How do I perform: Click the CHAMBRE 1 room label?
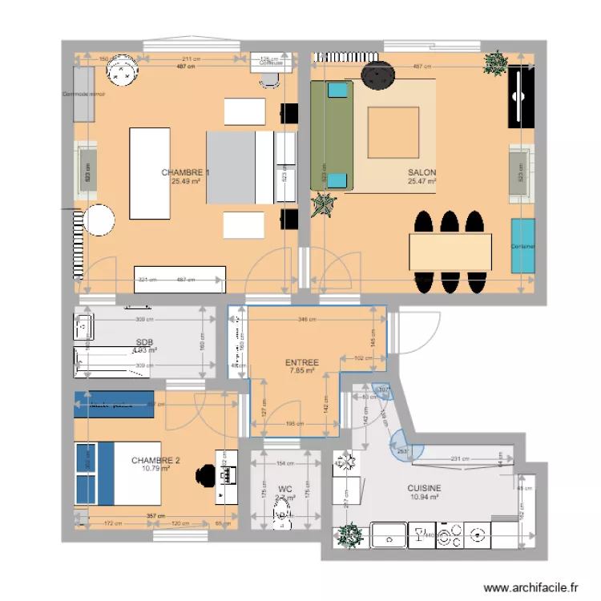185,172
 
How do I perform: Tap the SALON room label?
422,172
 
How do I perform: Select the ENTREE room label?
301,363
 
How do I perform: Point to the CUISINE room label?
424,487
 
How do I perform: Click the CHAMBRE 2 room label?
155,460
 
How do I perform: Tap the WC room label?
284,487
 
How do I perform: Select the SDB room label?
144,341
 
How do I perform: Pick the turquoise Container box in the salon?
523,245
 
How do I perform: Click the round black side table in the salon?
377,76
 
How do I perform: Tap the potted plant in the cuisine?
349,534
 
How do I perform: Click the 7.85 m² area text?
301,371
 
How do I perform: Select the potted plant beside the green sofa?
324,205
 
